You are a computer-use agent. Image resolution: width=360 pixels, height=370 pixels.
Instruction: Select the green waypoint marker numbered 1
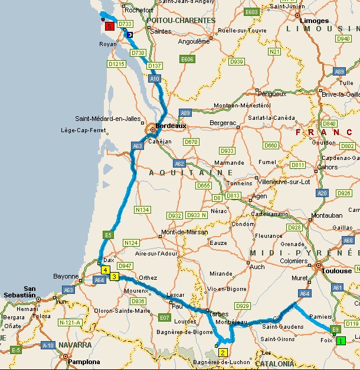point(341,340)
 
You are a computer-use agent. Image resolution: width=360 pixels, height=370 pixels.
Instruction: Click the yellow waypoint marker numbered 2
point(223,352)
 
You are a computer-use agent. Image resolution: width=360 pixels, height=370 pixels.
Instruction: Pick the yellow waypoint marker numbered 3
point(114,276)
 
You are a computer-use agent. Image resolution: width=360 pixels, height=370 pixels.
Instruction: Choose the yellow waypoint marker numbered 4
point(105,270)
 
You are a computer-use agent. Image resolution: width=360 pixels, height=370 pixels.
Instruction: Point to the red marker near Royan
point(109,26)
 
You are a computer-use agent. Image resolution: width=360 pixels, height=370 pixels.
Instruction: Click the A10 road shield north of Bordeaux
point(155,78)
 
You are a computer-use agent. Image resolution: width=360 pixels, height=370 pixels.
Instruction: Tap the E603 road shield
point(252,12)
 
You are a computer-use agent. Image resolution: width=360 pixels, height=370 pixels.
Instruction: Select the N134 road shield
point(142,209)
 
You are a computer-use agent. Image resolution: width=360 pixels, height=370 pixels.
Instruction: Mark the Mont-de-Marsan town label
point(185,232)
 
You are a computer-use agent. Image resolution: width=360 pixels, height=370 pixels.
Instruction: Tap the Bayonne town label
point(66,276)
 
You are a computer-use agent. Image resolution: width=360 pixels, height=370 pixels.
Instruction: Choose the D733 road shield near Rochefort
point(125,24)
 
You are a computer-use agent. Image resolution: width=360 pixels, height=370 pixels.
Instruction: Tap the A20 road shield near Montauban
point(322,193)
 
